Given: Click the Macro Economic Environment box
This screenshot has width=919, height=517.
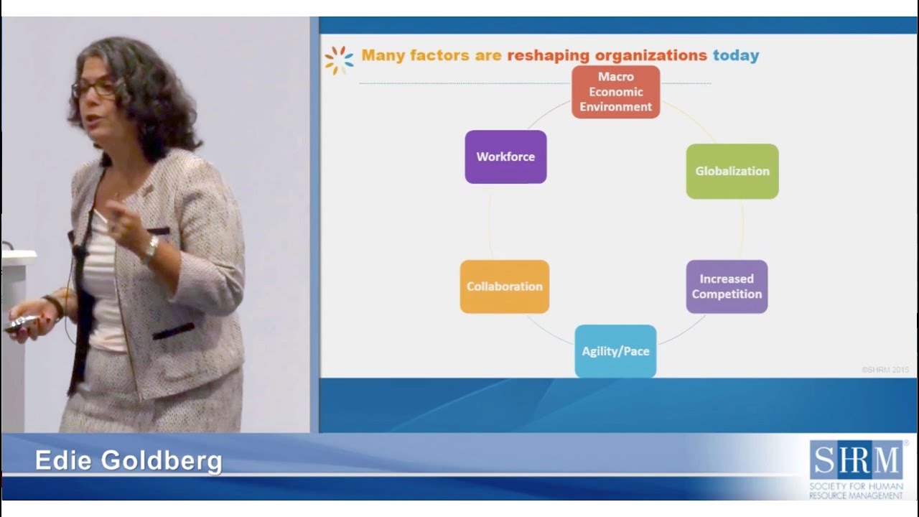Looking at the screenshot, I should tap(615, 92).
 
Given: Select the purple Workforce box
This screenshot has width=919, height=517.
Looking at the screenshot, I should tap(505, 157).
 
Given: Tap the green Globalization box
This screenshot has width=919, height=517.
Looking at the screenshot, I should tap(732, 171).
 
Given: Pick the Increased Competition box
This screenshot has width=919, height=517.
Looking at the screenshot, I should tap(727, 287).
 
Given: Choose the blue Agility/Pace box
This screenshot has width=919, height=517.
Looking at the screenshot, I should tap(615, 351).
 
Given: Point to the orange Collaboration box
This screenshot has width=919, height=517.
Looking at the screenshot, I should tap(504, 287).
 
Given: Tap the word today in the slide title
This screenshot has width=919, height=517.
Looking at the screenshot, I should tap(735, 55).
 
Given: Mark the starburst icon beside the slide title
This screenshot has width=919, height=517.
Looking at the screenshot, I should tap(339, 60).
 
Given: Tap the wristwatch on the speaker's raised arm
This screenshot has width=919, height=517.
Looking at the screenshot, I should tap(150, 249).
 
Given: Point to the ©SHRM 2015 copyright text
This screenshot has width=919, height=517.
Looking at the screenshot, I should tap(885, 370).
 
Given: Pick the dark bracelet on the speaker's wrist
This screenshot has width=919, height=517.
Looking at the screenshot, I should tap(53, 305).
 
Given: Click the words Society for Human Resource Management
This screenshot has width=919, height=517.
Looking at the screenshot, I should tap(856, 491).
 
